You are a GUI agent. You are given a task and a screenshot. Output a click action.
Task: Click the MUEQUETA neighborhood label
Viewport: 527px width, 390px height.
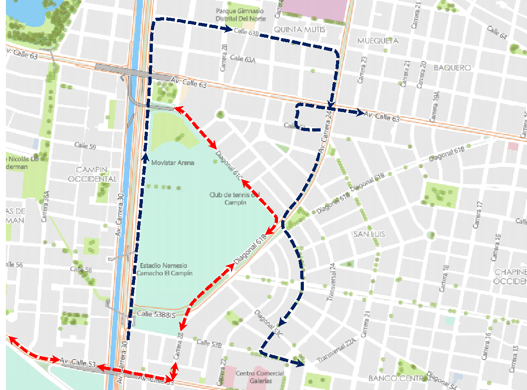pyautogui.click(x=378, y=41)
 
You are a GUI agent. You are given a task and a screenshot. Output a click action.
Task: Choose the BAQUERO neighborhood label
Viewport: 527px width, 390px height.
pyautogui.click(x=452, y=68)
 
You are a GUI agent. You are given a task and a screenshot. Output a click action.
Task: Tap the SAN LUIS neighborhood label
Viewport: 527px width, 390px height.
pyautogui.click(x=369, y=234)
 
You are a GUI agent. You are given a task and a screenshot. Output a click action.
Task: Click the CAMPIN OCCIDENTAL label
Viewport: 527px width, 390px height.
pyautogui.click(x=92, y=174)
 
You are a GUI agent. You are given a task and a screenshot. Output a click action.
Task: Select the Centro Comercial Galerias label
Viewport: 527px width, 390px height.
pyautogui.click(x=260, y=377)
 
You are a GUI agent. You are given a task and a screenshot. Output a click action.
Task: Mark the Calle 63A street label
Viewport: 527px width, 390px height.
pyautogui.click(x=243, y=58)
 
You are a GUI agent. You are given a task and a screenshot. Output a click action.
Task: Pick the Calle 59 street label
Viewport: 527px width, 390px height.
pyautogui.click(x=85, y=146)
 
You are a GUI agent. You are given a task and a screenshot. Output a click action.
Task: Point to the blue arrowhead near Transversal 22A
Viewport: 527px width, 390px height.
pyautogui.click(x=301, y=363)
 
